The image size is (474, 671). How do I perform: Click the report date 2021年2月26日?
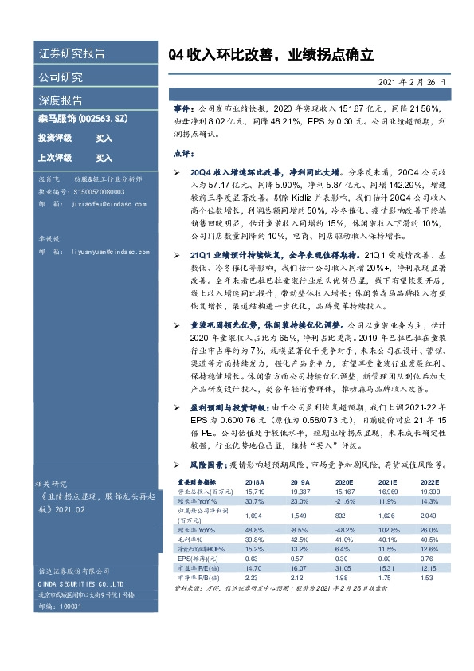415,82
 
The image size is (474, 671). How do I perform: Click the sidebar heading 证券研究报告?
71,54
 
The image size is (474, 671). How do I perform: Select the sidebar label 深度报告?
60,100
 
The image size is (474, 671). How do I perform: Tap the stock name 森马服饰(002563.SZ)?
82,119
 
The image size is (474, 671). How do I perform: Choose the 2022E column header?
429,482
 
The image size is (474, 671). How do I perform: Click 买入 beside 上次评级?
104,158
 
